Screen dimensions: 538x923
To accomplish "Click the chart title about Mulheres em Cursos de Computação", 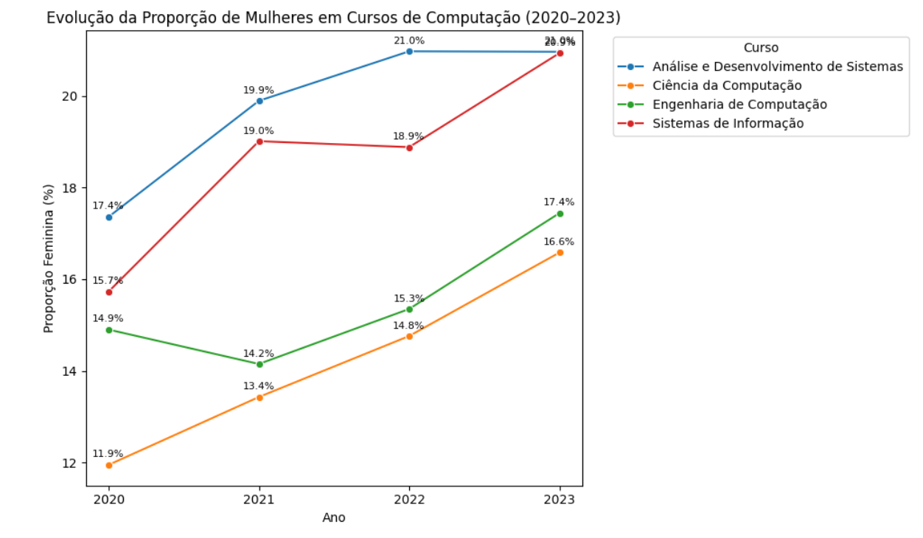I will [x=333, y=18].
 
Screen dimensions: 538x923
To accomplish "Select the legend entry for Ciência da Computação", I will [x=726, y=85].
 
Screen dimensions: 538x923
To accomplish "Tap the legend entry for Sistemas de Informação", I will [x=728, y=123].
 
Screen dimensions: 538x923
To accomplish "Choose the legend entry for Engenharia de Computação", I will [x=739, y=105].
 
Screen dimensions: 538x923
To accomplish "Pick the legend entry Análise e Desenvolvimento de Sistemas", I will [x=777, y=66].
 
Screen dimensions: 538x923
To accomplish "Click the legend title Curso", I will [x=761, y=48].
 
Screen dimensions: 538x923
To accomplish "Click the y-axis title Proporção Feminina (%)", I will [x=49, y=259].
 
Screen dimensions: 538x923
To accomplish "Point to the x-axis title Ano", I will [x=334, y=517].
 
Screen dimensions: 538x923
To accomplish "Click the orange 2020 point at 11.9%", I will [x=109, y=465].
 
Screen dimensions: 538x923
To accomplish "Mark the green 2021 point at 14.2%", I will [x=260, y=364].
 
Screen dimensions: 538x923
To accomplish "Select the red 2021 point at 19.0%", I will [x=260, y=141].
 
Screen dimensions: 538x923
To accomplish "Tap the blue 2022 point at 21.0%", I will [x=409, y=51].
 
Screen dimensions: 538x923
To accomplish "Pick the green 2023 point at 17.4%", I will [x=560, y=214].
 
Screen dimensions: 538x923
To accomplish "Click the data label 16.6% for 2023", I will [x=559, y=242].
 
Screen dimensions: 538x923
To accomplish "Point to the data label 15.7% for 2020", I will [x=108, y=281].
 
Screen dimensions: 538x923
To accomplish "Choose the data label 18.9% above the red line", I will [x=408, y=136].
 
